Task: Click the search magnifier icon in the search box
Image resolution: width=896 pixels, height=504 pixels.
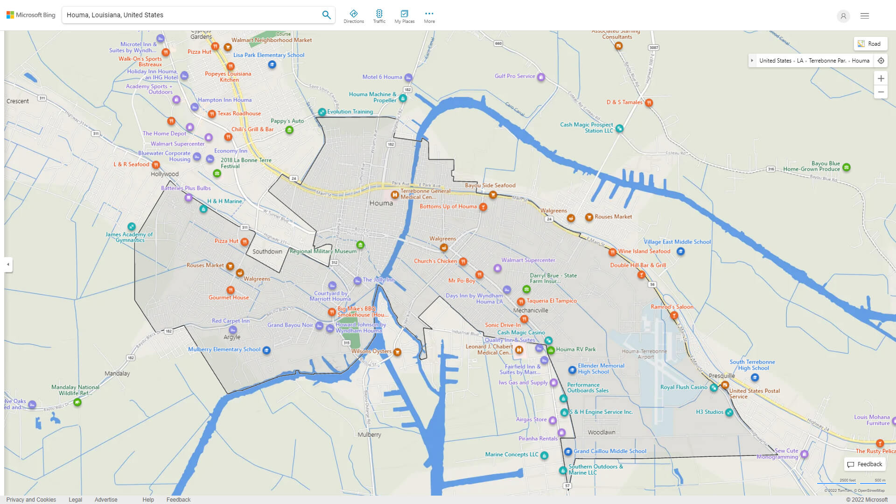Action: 326,15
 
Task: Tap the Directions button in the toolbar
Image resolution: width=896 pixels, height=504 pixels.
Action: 353,16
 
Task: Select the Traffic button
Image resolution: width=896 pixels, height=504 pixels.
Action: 379,16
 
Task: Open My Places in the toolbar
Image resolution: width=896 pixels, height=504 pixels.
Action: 404,16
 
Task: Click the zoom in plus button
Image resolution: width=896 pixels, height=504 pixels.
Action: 881,78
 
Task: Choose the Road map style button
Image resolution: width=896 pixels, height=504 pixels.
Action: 870,44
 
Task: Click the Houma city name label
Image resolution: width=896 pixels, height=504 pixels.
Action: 381,203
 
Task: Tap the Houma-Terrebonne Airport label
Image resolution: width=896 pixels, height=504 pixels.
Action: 644,354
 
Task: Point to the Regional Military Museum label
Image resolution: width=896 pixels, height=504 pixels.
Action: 323,251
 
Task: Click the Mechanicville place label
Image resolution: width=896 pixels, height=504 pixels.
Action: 531,310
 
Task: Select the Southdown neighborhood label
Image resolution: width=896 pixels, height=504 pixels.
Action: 267,252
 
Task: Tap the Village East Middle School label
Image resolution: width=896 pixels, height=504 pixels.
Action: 677,242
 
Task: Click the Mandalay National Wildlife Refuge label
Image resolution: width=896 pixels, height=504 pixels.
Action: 75,390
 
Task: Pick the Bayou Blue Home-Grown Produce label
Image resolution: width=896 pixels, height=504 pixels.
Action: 812,166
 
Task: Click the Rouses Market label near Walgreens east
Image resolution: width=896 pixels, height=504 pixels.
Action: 613,217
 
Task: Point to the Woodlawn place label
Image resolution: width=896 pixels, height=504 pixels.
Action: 601,433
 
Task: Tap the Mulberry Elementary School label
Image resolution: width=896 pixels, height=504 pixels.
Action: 224,350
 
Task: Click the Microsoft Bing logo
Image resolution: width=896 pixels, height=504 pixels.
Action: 31,15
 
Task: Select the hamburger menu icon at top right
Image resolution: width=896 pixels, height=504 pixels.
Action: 864,16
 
